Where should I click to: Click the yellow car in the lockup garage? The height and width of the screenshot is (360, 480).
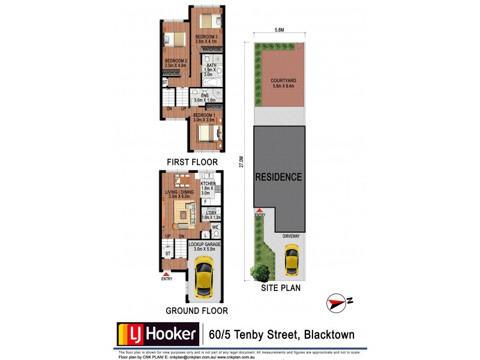[x=205, y=275]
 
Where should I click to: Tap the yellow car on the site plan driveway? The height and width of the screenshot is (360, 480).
[x=291, y=260]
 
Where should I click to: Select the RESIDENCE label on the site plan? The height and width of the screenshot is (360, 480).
[x=278, y=177]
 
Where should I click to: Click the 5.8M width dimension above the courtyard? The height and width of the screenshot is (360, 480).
[x=280, y=30]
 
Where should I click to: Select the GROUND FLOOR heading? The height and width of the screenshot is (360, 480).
[x=196, y=311]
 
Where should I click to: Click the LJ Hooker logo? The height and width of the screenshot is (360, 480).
[x=157, y=333]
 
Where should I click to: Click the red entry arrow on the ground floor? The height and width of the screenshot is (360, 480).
[x=166, y=274]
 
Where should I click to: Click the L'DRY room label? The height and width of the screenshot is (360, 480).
[x=210, y=213]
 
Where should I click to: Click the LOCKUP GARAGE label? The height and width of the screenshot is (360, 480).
[x=205, y=245]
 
